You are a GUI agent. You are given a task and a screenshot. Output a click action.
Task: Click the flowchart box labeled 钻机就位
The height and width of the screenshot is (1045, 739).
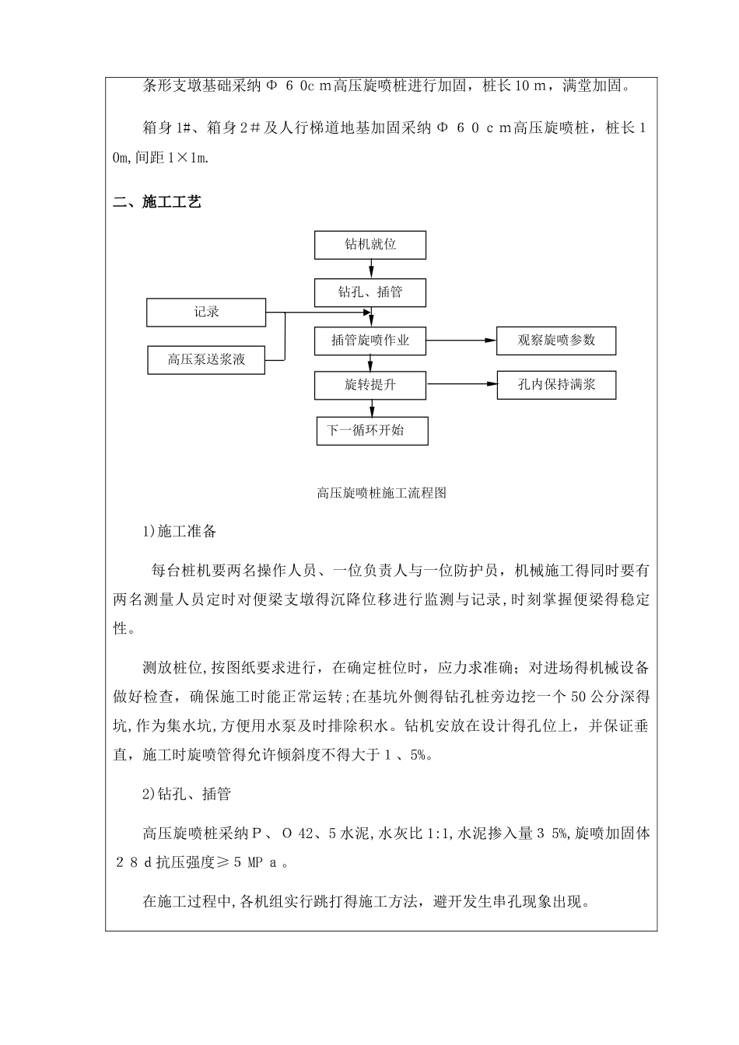coord(370,245)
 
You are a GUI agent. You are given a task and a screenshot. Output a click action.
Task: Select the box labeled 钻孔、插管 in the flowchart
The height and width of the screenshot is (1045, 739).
coord(370,293)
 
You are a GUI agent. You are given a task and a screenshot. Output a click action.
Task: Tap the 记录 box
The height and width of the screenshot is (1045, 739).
coord(206,313)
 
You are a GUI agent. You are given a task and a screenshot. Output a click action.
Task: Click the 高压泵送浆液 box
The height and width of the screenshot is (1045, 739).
coord(206,360)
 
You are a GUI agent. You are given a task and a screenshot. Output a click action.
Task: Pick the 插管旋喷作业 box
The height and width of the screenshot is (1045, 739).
coord(370,341)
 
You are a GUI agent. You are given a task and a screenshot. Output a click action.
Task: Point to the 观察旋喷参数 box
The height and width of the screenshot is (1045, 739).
coord(556,341)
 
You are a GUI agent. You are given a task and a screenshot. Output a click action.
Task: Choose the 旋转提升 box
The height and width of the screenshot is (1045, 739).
coord(370,385)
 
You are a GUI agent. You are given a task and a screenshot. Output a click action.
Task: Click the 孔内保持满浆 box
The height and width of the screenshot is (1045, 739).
coord(556,385)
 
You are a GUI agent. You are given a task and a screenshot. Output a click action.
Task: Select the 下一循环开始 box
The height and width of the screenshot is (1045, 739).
coord(372,431)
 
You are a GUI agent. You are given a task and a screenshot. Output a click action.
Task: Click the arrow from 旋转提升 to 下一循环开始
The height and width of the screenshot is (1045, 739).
coord(372,408)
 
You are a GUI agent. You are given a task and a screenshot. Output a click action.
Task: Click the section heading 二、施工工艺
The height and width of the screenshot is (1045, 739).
coord(157,203)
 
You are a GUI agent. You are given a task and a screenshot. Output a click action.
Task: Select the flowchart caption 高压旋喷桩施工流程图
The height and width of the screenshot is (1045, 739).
coord(381,493)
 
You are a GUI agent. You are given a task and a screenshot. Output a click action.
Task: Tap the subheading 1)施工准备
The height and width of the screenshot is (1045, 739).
coord(180,533)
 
